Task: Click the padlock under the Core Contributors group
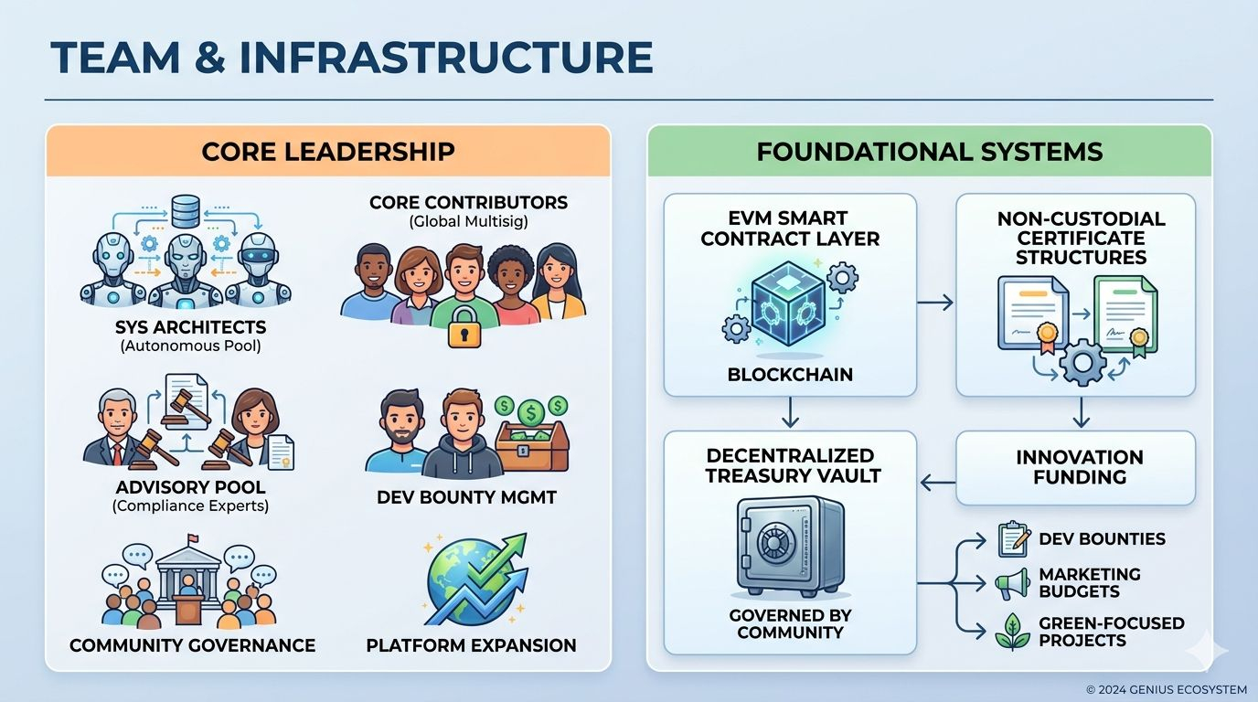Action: point(464,327)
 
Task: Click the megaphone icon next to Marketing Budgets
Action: point(1013,584)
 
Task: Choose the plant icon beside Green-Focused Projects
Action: point(1013,632)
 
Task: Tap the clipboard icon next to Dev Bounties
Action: point(1014,539)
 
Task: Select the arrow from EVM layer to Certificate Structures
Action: point(935,303)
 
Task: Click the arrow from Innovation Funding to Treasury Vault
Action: point(938,483)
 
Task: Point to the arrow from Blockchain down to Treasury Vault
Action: point(790,412)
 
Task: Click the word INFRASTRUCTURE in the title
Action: point(446,58)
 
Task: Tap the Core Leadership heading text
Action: point(328,152)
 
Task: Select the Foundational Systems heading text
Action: point(930,152)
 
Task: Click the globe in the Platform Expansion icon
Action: point(469,579)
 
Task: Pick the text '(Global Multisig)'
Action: point(468,222)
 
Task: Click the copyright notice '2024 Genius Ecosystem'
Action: point(1171,689)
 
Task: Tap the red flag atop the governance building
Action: point(192,537)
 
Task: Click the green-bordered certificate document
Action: point(1125,314)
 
